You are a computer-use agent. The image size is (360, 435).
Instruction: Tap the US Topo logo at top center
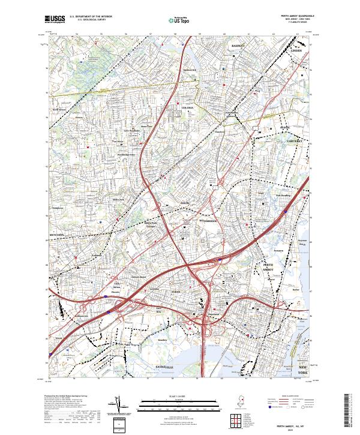pyautogui.click(x=180, y=20)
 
